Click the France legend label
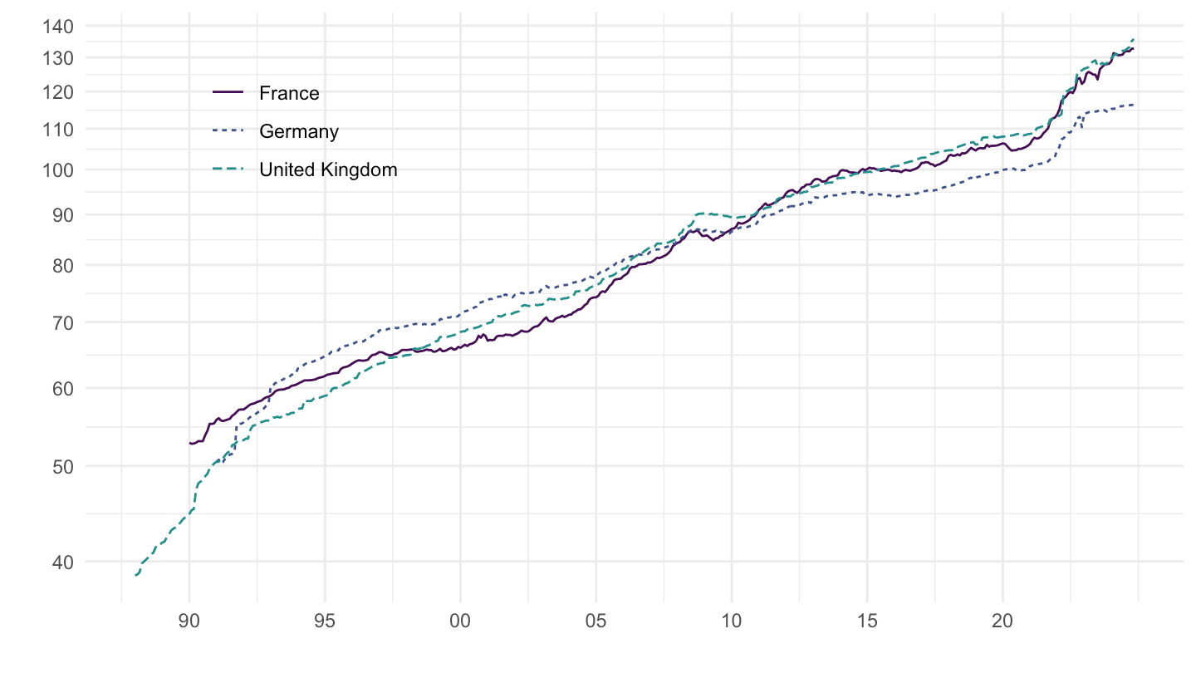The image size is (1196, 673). pyautogui.click(x=289, y=93)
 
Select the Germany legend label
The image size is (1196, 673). pyautogui.click(x=299, y=131)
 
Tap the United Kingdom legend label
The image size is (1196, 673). pyautogui.click(x=328, y=169)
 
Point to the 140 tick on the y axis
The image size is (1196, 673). pyautogui.click(x=59, y=27)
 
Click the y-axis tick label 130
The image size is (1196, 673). pyautogui.click(x=59, y=57)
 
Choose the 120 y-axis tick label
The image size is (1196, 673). pyautogui.click(x=59, y=91)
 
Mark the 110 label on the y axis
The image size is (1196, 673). pyautogui.click(x=59, y=129)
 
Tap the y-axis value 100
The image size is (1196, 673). pyautogui.click(x=59, y=169)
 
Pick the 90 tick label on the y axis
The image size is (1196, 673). pyautogui.click(x=63, y=214)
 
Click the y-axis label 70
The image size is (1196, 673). pyautogui.click(x=63, y=322)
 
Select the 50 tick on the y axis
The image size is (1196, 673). pyautogui.click(x=63, y=466)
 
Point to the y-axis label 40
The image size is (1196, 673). pyautogui.click(x=63, y=562)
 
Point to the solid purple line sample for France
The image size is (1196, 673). pyautogui.click(x=228, y=93)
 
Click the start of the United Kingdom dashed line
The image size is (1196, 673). pyautogui.click(x=135, y=575)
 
